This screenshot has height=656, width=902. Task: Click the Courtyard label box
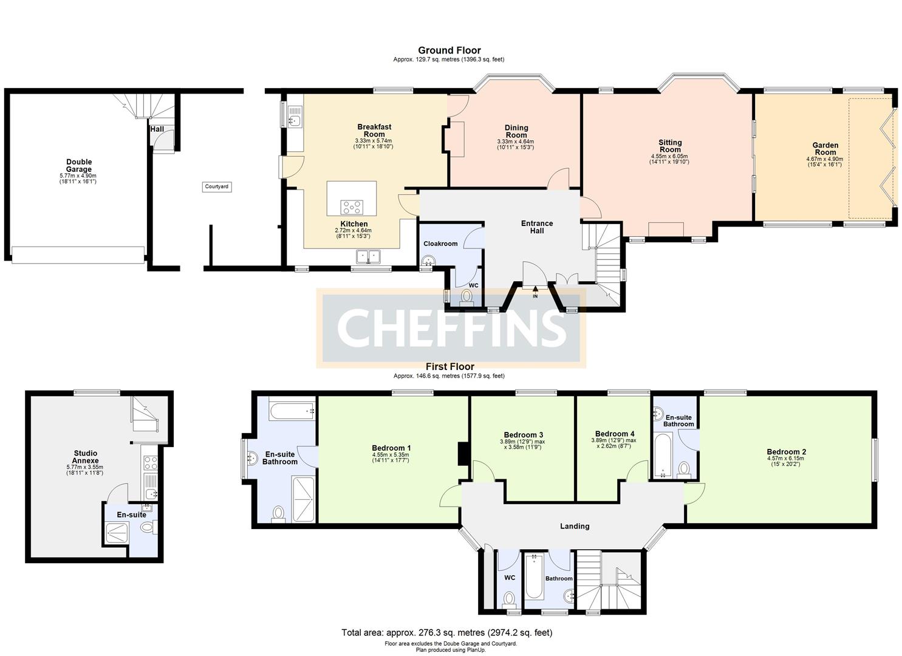click(x=216, y=186)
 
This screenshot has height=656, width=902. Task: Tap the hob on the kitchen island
click(x=352, y=207)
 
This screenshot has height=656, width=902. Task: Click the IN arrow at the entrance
click(x=535, y=292)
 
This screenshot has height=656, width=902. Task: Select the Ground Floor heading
click(x=449, y=50)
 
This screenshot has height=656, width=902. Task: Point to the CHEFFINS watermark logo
click(x=451, y=328)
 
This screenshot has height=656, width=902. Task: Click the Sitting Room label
click(x=670, y=146)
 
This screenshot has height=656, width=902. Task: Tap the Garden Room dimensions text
click(x=825, y=162)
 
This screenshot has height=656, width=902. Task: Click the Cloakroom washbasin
click(x=428, y=261)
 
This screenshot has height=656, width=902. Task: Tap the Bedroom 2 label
click(x=786, y=452)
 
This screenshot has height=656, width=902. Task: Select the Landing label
click(x=574, y=526)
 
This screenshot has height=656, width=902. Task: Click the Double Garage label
click(x=79, y=166)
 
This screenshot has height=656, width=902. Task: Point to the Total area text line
click(x=446, y=632)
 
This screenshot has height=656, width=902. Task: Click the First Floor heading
click(x=449, y=367)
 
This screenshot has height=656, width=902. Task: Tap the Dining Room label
click(x=516, y=131)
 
